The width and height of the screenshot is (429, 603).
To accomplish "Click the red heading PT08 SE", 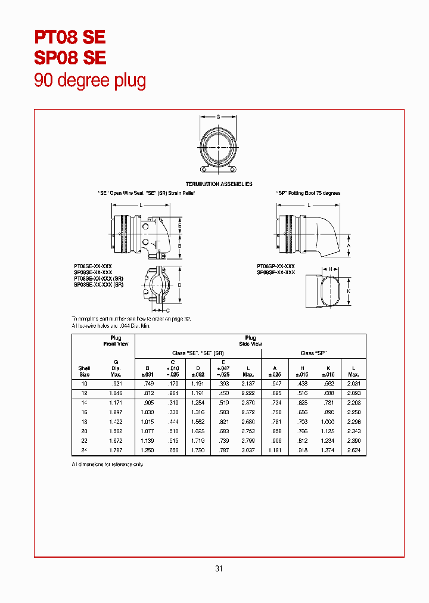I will pos(70,37).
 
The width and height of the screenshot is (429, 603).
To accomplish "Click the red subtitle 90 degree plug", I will pos(90,80).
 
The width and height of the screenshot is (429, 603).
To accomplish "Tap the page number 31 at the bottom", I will pos(219,568).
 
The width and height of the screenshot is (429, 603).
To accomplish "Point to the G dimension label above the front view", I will pos(217,117).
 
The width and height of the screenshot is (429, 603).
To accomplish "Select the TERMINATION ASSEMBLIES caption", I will pos(219,184).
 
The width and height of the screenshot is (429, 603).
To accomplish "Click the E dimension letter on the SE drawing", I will pos(179,226).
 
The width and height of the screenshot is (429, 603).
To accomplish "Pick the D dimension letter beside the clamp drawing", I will pos(179,285).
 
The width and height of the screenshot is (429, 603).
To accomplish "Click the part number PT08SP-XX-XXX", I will pos(276,266).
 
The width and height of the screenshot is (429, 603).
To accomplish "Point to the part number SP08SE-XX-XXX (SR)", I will pos(99,285).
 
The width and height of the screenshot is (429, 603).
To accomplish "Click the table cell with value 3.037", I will pos(248,450).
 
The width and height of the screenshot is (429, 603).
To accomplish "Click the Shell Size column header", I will pos(84,371).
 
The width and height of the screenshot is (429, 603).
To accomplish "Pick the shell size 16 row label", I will pos(84,412).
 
